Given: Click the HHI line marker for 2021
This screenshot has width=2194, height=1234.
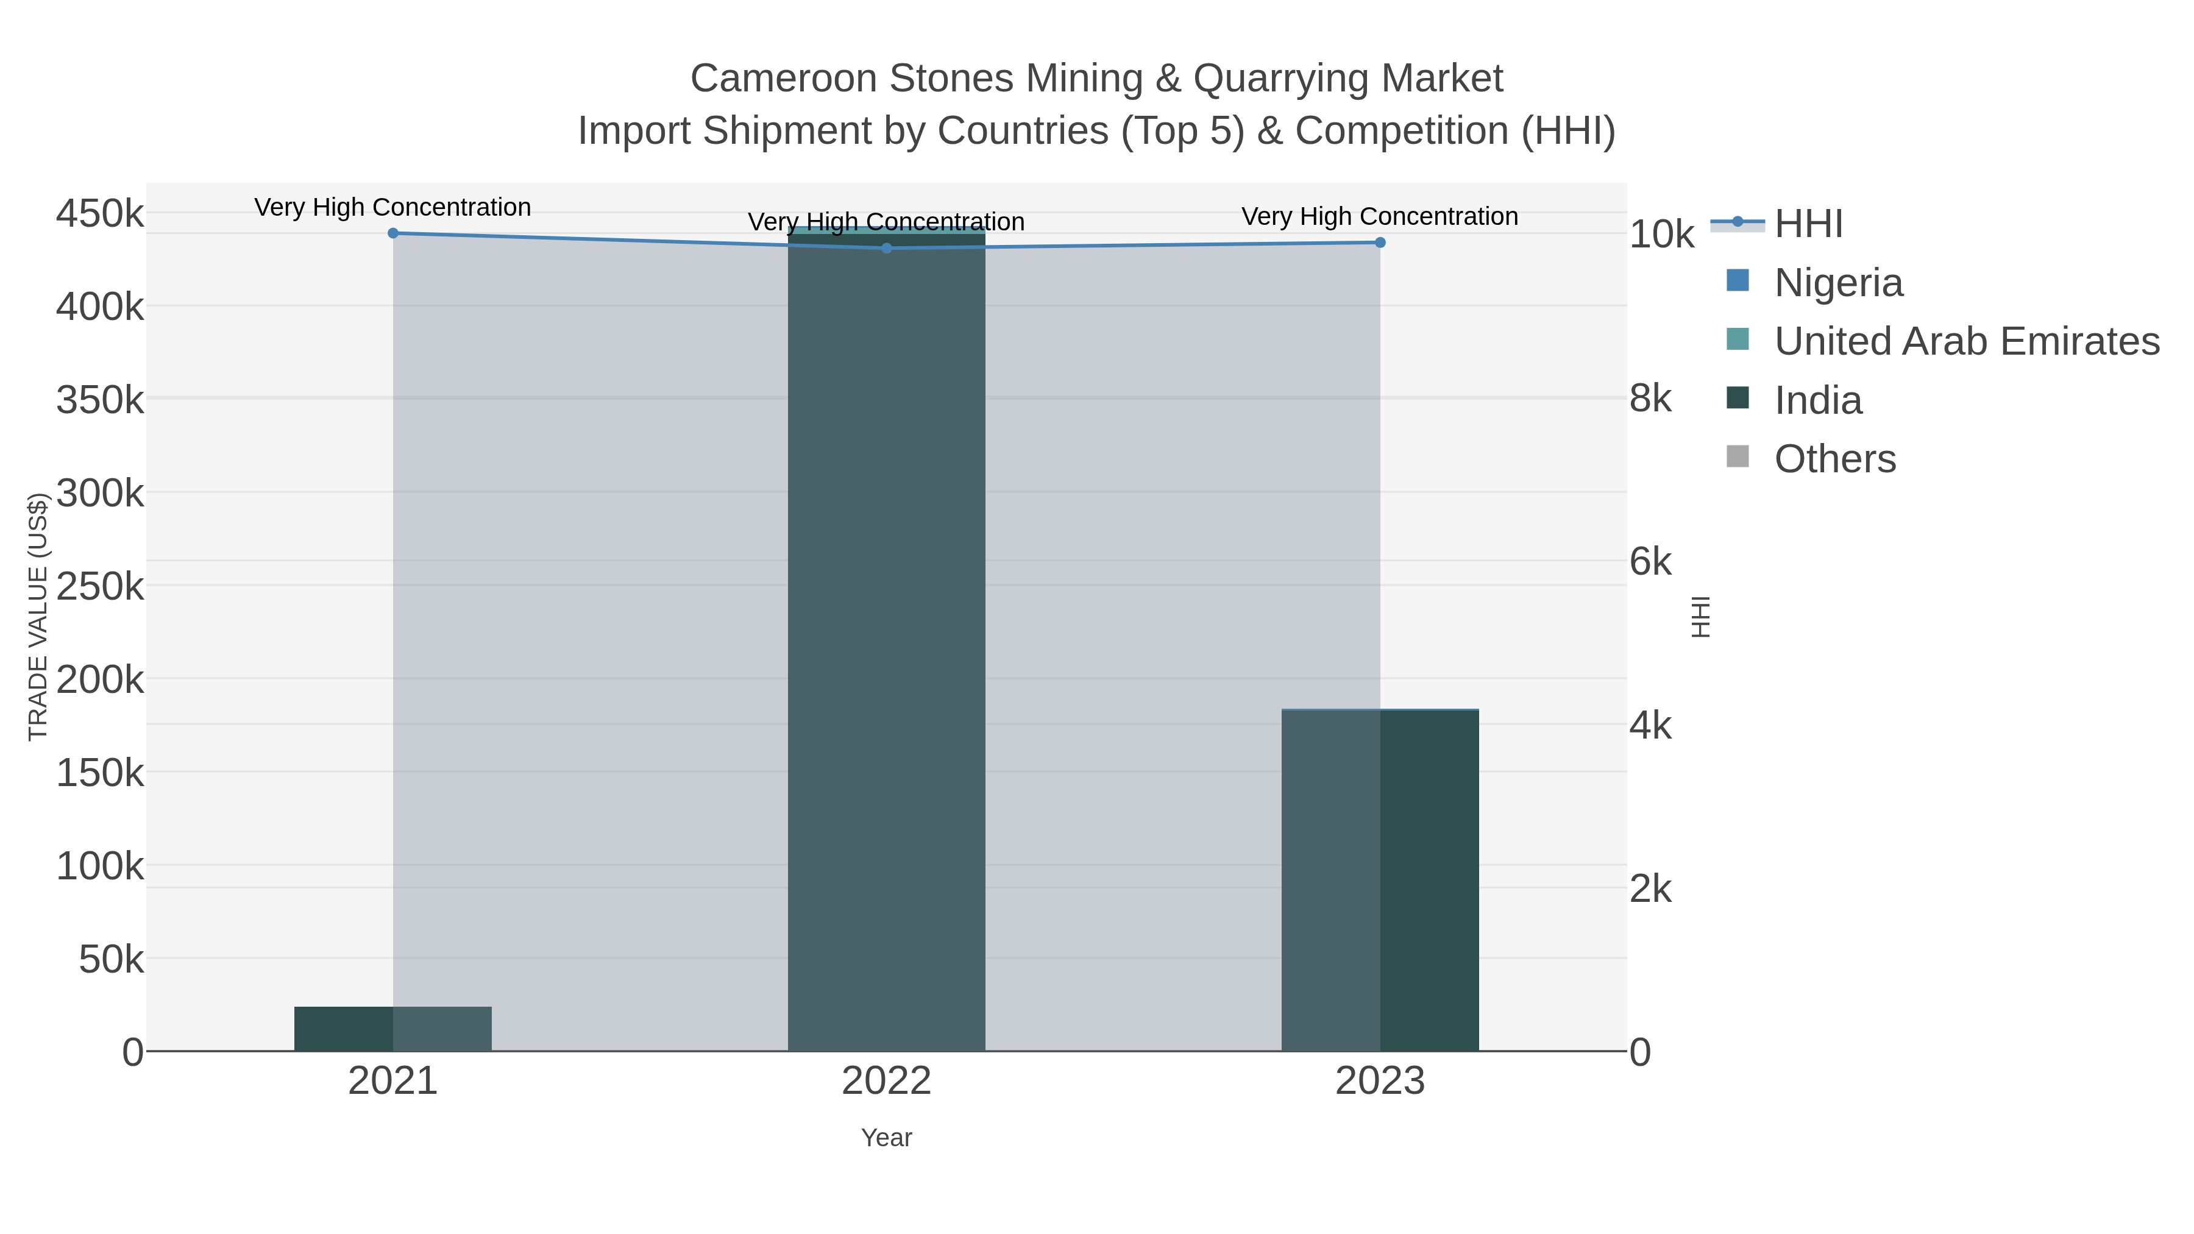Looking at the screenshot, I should (x=392, y=233).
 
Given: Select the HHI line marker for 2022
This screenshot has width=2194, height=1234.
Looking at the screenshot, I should (x=887, y=249).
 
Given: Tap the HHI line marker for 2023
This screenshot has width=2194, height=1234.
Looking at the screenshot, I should (x=1380, y=243).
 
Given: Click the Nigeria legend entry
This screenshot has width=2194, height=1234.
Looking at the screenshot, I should (x=1838, y=283).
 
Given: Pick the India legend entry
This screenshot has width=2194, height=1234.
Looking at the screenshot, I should (x=1817, y=400).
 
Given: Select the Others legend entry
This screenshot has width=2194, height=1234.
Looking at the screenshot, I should (x=1834, y=459).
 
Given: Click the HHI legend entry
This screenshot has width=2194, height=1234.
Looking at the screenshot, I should (x=1808, y=224).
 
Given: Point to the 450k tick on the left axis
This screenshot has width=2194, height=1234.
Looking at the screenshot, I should (x=100, y=214).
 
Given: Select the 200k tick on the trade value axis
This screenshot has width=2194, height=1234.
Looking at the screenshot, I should (x=100, y=679).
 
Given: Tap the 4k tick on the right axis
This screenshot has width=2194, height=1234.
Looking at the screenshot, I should (x=1650, y=726).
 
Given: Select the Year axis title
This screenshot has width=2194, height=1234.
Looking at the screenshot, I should (x=887, y=1138).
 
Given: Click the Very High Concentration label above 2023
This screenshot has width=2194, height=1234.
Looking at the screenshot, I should (x=1380, y=216).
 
